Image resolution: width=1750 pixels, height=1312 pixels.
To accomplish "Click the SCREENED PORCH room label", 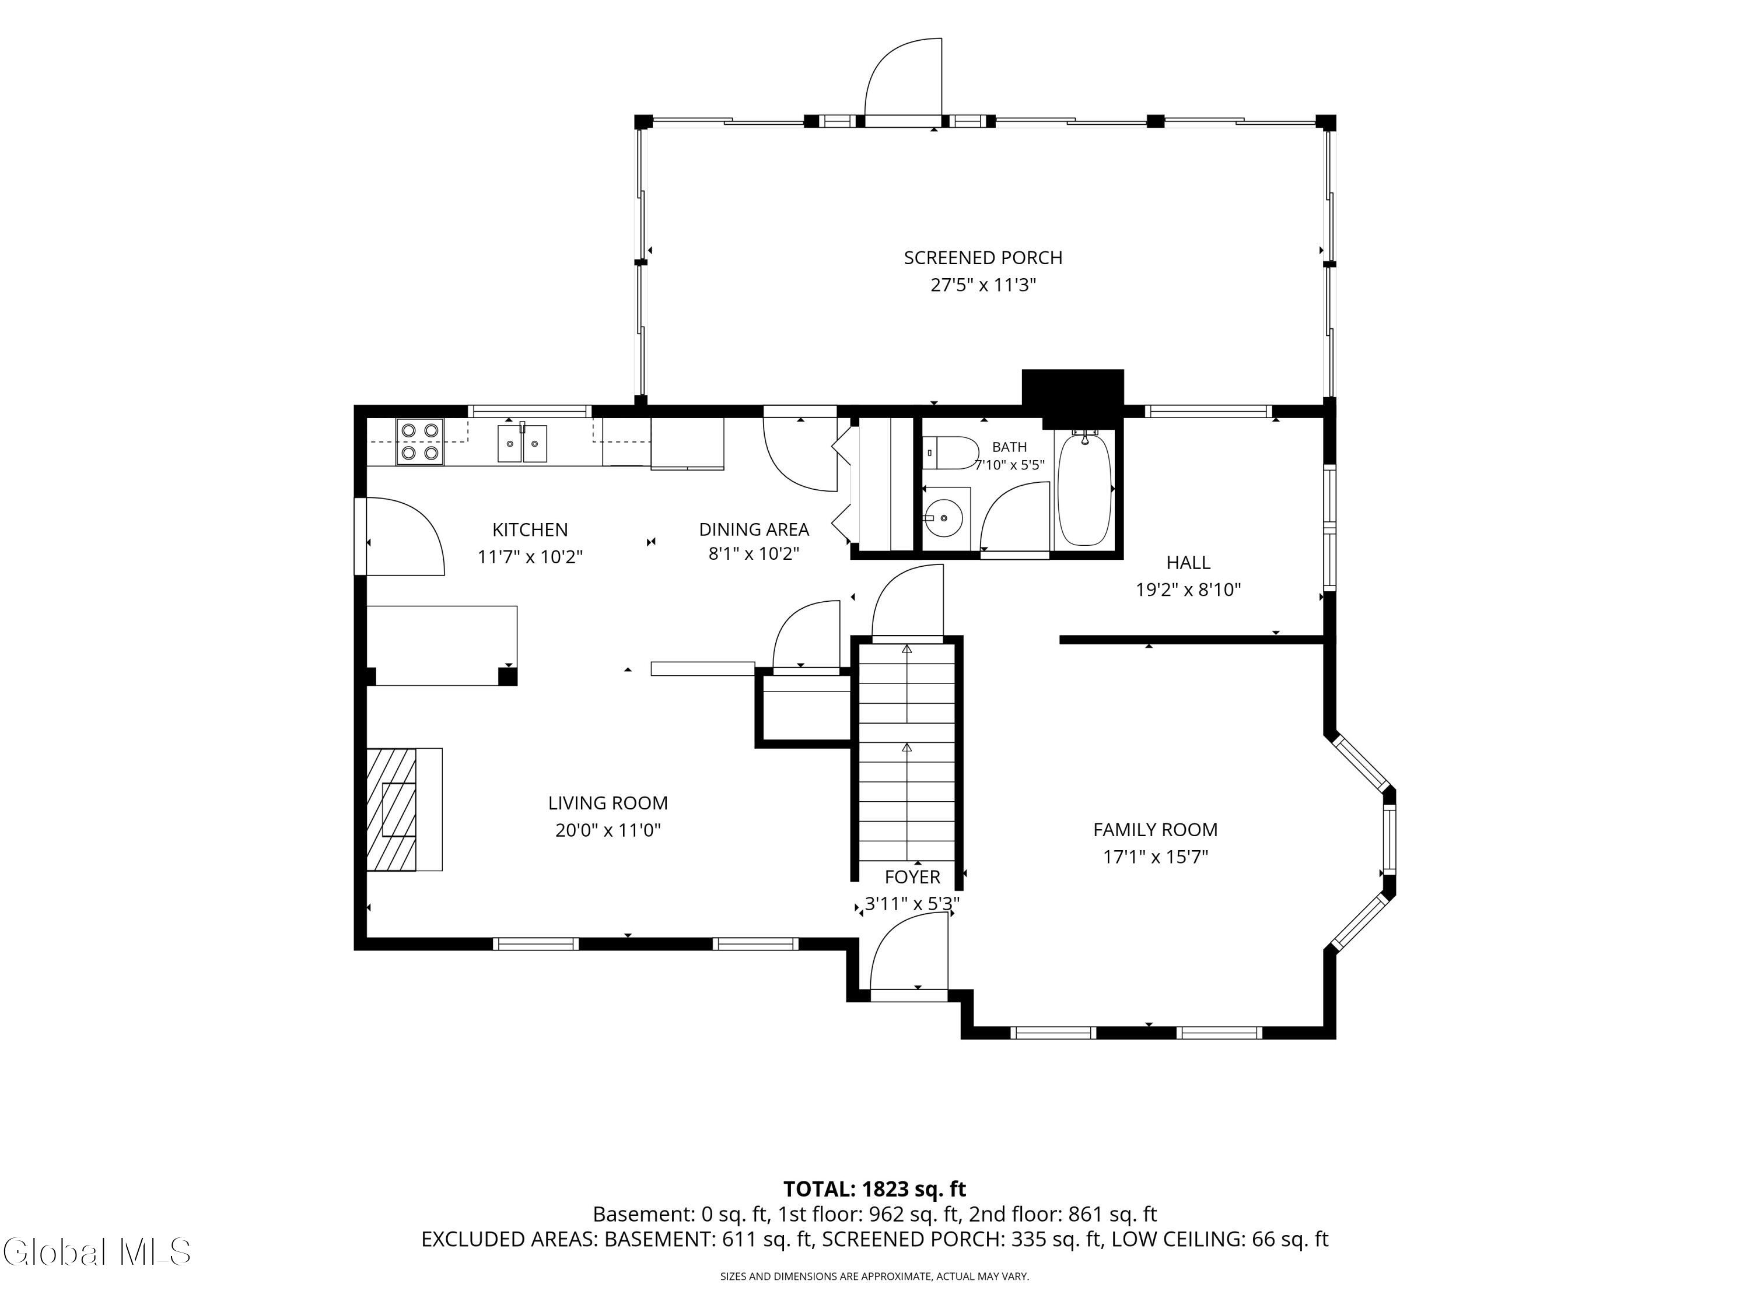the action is [x=982, y=258].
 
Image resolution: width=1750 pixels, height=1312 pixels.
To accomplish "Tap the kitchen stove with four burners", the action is [x=419, y=442].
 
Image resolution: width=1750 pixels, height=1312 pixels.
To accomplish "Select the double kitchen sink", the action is [x=522, y=443].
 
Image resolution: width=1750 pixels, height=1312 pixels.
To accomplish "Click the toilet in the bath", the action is [x=950, y=452].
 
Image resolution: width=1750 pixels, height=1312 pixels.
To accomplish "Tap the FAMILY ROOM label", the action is [x=1155, y=830].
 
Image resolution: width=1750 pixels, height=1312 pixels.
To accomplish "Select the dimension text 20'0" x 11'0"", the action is [x=608, y=830].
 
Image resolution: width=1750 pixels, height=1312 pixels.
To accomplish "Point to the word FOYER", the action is [x=912, y=877].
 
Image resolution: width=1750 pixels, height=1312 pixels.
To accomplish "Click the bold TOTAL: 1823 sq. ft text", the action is [x=874, y=1188].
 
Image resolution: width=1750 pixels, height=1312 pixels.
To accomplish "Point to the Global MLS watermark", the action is [x=96, y=1252].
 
